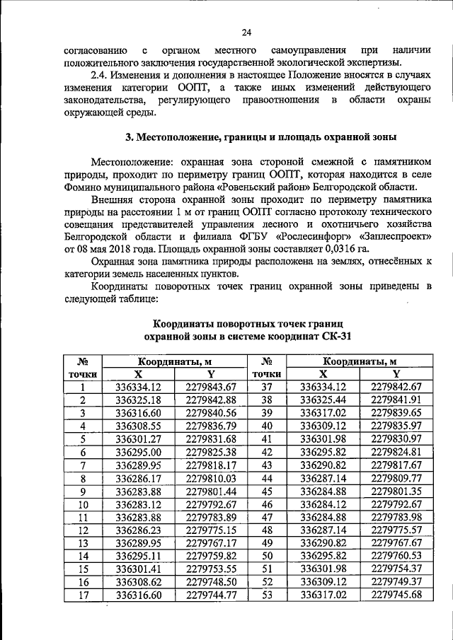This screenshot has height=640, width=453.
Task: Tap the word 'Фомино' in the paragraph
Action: (86, 187)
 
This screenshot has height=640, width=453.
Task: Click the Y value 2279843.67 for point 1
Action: (210, 387)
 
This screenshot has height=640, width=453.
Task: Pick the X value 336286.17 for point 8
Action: (139, 479)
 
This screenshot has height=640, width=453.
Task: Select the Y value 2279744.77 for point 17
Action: (210, 595)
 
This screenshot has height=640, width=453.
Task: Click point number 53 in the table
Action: (267, 595)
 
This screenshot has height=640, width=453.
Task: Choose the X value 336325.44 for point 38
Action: (323, 400)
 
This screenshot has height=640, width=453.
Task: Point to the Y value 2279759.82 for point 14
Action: (210, 557)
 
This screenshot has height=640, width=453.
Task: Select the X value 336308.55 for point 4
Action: (139, 426)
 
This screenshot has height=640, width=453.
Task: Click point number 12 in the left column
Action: (83, 530)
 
